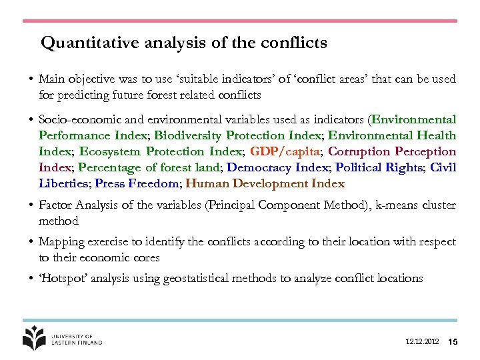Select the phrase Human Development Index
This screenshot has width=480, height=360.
(265, 183)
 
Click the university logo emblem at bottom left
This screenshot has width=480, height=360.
(35, 338)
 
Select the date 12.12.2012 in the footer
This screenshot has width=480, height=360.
(422, 342)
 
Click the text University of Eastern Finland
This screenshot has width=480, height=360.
(77, 339)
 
